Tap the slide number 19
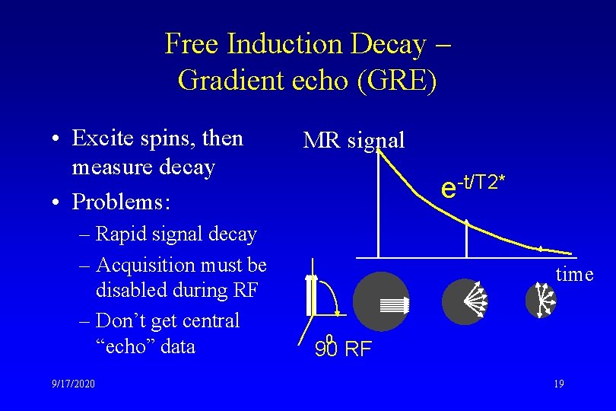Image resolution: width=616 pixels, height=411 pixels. [x=558, y=384]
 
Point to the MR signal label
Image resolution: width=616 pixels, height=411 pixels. [x=354, y=140]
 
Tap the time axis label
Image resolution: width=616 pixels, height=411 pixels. [x=574, y=274]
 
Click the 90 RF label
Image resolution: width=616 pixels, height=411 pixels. [x=343, y=349]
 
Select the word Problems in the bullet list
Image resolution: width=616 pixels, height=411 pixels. [x=121, y=202]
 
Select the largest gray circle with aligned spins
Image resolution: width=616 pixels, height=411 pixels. [x=381, y=301]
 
